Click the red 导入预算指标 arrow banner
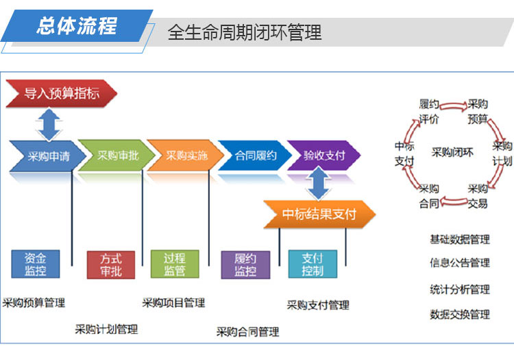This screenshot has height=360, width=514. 61,93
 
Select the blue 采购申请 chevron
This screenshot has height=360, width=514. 48,156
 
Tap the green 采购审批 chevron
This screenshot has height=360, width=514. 117,156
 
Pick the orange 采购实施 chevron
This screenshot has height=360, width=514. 186,156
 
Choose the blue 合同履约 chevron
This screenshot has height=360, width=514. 255,156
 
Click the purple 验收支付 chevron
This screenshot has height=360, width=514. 324,156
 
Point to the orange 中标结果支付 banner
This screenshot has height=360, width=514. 319,214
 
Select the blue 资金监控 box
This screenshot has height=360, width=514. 36,264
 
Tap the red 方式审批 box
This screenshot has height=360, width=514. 111,265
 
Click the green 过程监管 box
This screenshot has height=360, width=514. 175,264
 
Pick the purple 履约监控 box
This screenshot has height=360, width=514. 245,265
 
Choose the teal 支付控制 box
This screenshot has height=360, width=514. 313,264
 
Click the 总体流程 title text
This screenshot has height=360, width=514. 77,26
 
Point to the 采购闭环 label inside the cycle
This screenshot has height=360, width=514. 452,152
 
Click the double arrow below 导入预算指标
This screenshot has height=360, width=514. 49,125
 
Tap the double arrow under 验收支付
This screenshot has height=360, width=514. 318,183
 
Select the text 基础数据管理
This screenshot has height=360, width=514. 460,239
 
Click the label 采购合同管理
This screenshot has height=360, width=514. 247,332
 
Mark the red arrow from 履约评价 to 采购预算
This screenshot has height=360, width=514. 454,106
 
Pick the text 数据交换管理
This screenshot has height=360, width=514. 460,315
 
